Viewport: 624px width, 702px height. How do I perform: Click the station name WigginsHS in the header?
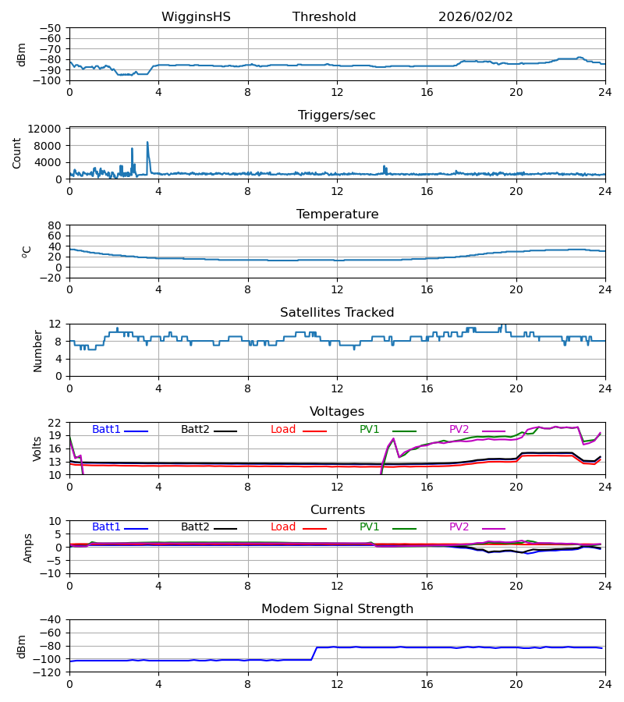(x=196, y=17)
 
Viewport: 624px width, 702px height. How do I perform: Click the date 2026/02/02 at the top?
(x=476, y=17)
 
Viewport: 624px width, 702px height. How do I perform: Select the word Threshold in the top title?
(x=324, y=17)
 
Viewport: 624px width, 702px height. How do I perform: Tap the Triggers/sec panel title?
(x=337, y=115)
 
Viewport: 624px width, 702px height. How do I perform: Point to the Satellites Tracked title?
(x=337, y=313)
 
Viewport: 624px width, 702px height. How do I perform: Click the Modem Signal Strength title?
(x=337, y=609)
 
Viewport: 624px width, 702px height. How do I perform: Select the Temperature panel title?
(x=337, y=214)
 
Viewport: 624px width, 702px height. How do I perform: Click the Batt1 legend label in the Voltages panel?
(x=106, y=430)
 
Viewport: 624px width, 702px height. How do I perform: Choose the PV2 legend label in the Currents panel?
(x=463, y=527)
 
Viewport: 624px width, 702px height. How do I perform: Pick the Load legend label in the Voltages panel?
(x=283, y=430)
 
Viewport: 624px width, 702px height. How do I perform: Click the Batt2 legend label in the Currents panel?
(x=195, y=527)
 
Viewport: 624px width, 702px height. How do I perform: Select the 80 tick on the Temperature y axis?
(x=55, y=225)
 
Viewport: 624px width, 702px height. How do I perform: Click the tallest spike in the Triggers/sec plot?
(x=147, y=143)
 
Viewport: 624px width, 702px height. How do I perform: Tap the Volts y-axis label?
(x=37, y=448)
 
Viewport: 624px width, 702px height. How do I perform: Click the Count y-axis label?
(x=17, y=153)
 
